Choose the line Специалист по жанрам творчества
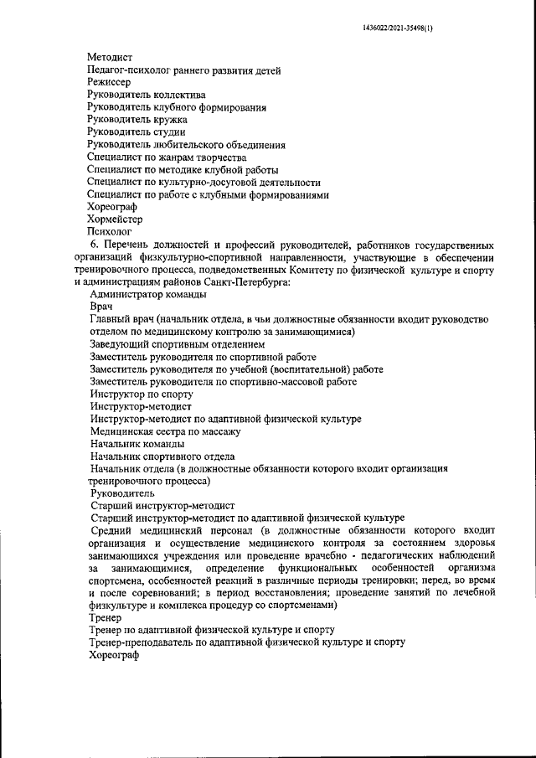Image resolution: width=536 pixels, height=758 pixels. [x=167, y=157]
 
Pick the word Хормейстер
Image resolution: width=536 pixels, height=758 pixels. [x=116, y=219]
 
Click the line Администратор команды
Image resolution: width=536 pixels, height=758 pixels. [x=147, y=295]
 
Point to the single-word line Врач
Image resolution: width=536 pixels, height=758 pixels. [x=100, y=307]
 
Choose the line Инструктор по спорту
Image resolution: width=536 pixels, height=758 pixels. [x=142, y=394]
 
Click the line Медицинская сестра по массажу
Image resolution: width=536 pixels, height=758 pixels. [x=166, y=431]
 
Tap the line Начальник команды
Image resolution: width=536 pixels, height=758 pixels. [x=133, y=444]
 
